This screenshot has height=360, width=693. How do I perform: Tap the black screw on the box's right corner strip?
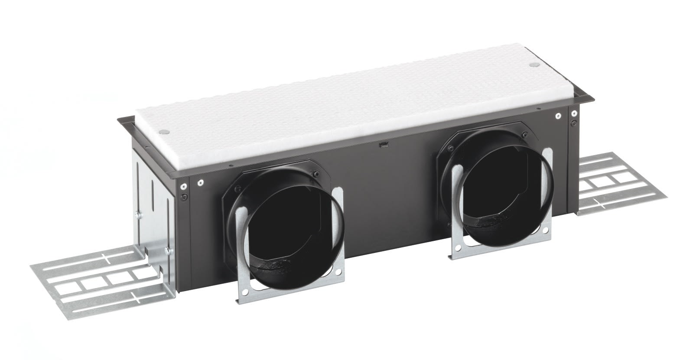[x=573, y=123]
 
